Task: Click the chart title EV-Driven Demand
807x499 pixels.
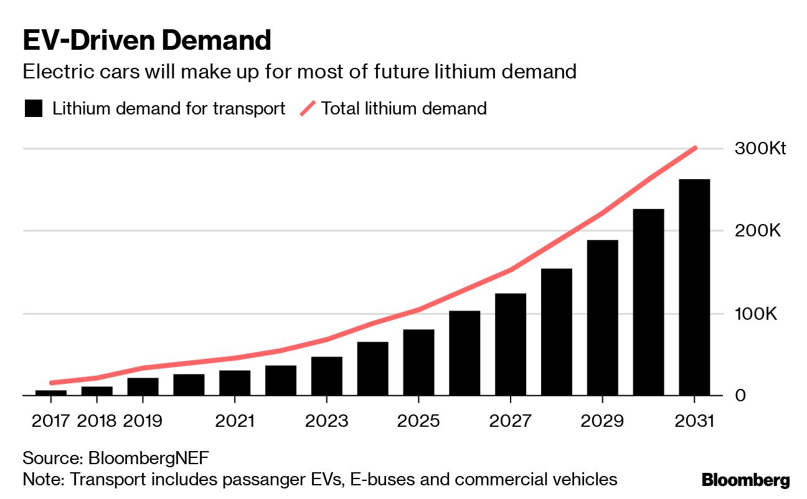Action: pyautogui.click(x=147, y=41)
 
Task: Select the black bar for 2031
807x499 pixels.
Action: pyautogui.click(x=694, y=287)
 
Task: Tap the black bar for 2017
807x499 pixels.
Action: pyautogui.click(x=51, y=393)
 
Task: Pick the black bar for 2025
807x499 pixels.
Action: pyautogui.click(x=418, y=363)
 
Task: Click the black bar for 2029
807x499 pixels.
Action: pyautogui.click(x=602, y=318)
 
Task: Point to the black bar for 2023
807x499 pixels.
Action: pyautogui.click(x=327, y=376)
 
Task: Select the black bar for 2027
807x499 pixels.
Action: pyautogui.click(x=511, y=345)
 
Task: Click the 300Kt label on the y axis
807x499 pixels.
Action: pyautogui.click(x=760, y=149)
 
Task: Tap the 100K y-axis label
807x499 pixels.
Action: pyautogui.click(x=757, y=314)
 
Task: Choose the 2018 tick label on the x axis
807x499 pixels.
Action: pyautogui.click(x=97, y=421)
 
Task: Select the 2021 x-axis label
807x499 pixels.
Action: pyautogui.click(x=235, y=421)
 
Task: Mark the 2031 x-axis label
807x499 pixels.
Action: pyautogui.click(x=694, y=421)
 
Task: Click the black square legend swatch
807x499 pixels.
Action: pyautogui.click(x=34, y=109)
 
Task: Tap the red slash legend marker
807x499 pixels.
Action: pyautogui.click(x=308, y=109)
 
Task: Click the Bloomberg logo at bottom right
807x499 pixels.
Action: pyautogui.click(x=745, y=480)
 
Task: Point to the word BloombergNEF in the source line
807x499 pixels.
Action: pyautogui.click(x=149, y=459)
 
